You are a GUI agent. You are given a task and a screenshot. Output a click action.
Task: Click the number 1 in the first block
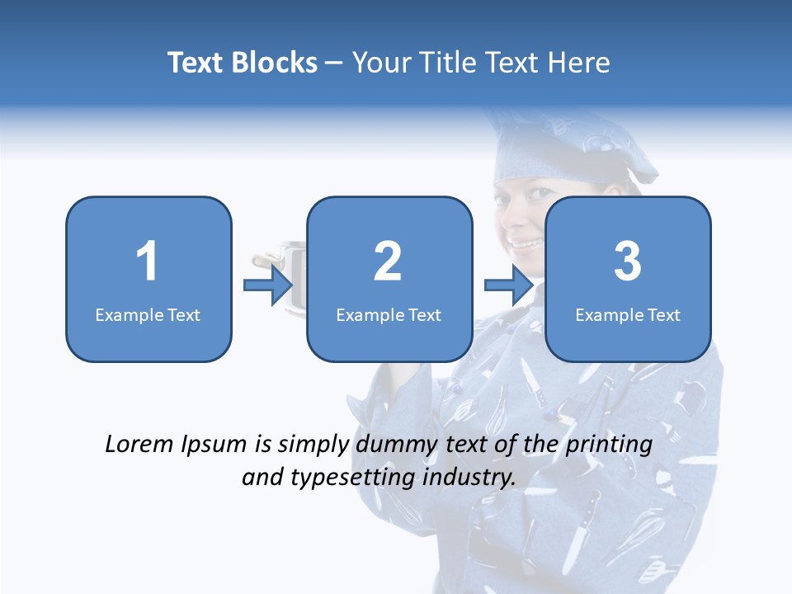click(148, 262)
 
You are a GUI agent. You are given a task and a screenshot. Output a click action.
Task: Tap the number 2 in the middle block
click(388, 262)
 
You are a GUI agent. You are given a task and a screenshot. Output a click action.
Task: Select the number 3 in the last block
click(628, 262)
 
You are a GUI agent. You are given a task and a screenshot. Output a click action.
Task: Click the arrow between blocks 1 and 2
click(269, 285)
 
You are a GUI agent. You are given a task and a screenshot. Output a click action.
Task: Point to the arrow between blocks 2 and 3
click(509, 285)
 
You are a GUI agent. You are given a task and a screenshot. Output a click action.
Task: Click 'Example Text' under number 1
click(148, 315)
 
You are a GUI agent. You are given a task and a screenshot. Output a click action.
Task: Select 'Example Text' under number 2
click(389, 315)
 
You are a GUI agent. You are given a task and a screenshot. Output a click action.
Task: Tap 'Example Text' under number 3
click(628, 315)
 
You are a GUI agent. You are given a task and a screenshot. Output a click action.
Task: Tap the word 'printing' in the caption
click(609, 445)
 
